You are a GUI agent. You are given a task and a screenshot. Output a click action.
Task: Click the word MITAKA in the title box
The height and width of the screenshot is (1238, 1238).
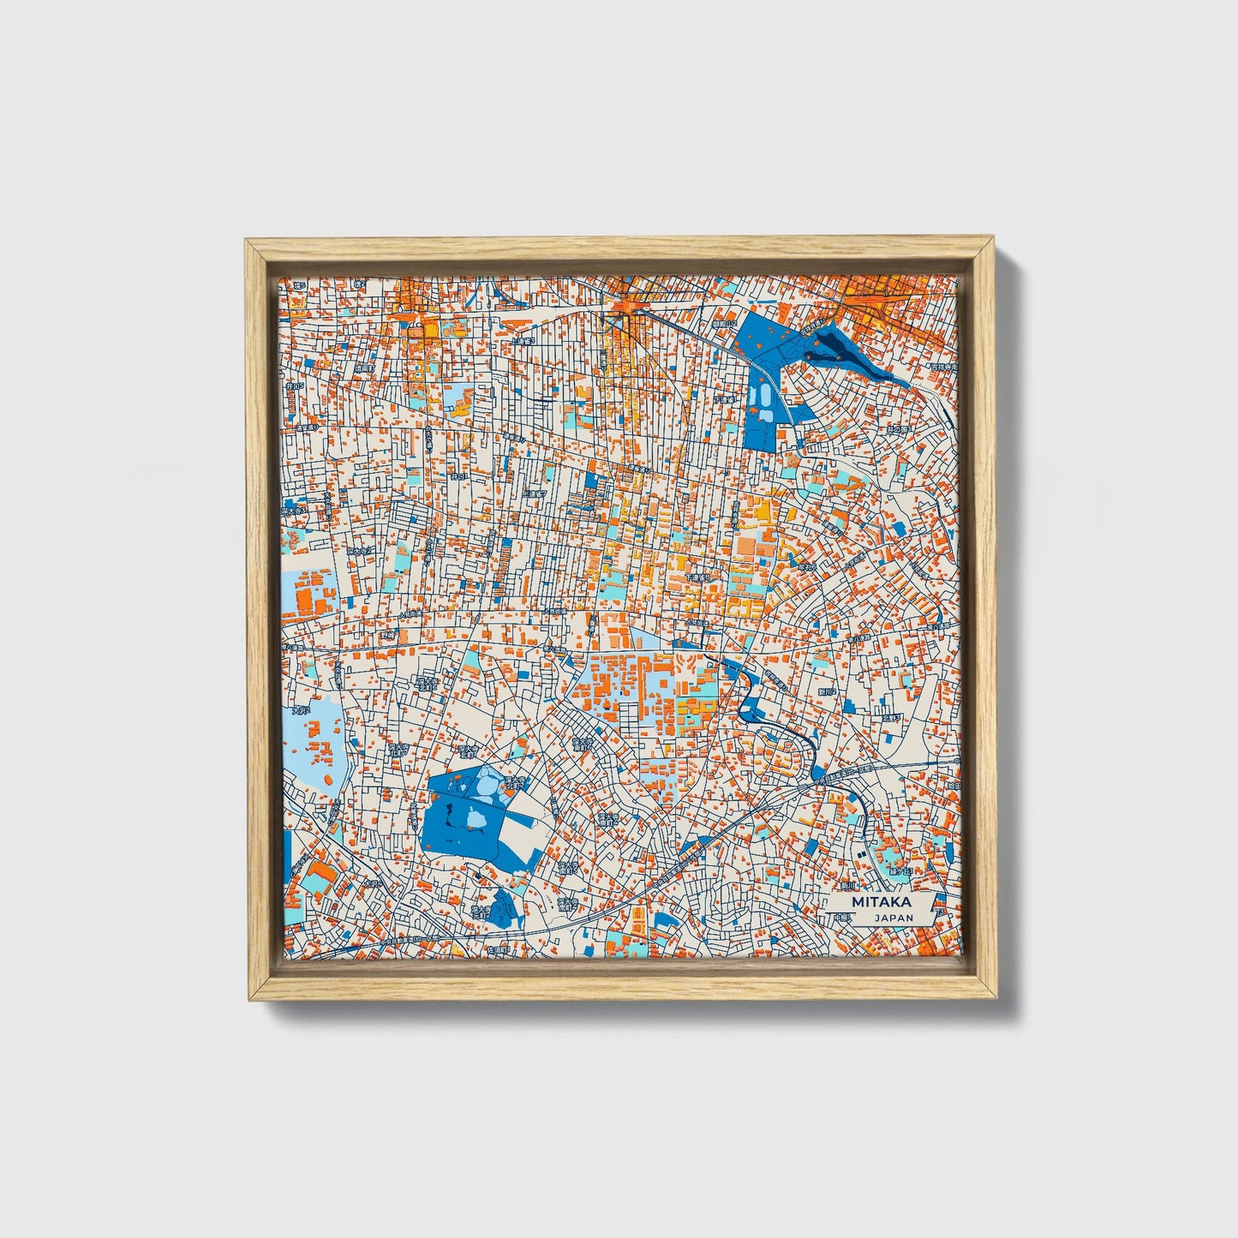click(882, 902)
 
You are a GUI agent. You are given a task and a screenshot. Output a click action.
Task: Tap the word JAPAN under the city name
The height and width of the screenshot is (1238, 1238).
click(894, 918)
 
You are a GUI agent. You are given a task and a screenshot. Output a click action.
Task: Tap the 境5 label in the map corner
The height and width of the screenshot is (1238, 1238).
click(299, 285)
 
